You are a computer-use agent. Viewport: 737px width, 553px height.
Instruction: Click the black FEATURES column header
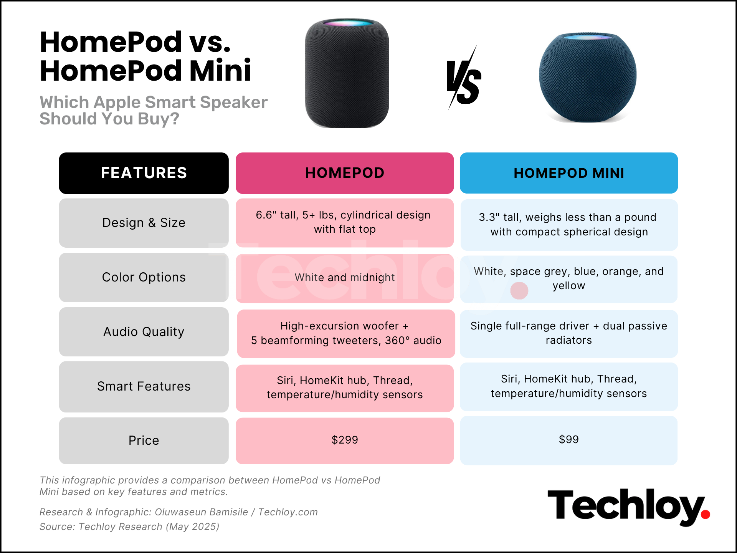[x=144, y=173]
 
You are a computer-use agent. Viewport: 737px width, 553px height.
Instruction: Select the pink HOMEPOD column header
[x=344, y=173]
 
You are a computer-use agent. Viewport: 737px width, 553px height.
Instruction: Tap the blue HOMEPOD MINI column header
[x=568, y=173]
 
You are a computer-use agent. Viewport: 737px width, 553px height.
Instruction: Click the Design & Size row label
[x=144, y=223]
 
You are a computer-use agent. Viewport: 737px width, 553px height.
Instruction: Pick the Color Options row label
[x=144, y=277]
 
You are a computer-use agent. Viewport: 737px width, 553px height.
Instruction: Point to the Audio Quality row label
[x=144, y=332]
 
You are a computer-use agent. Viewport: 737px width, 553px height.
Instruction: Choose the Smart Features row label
[x=144, y=386]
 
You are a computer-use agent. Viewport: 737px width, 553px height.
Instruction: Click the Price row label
[x=144, y=440]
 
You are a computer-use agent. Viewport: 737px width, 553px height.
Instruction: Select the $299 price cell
[x=344, y=440]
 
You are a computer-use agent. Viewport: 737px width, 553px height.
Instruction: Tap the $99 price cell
[x=568, y=440]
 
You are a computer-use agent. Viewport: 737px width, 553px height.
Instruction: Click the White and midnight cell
[x=344, y=278]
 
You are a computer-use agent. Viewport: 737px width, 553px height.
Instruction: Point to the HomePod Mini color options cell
[x=568, y=279]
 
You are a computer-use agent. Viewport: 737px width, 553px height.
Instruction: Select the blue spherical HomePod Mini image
[x=588, y=79]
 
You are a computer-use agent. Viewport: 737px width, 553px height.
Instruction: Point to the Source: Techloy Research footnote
[x=129, y=527]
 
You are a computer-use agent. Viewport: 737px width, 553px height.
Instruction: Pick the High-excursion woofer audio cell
[x=346, y=333]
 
